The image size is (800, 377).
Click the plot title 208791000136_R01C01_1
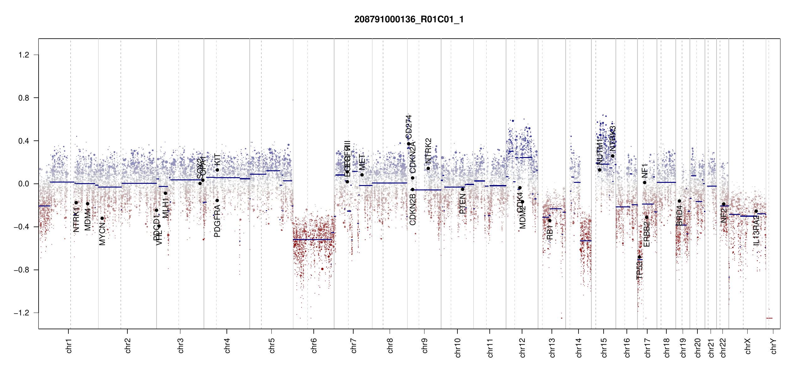coord(409,19)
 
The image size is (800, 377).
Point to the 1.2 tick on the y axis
coord(24,55)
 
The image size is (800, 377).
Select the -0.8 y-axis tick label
coord(22,270)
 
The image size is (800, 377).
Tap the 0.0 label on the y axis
coord(24,184)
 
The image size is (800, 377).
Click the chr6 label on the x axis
coord(314,346)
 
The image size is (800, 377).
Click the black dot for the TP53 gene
coord(639,257)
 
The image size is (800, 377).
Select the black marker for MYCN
coord(102,218)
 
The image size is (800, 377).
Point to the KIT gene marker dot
coord(217,170)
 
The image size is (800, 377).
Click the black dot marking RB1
coord(550,221)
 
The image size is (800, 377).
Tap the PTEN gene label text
coord(462,204)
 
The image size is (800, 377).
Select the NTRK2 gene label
coord(428,151)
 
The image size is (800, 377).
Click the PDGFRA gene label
coord(217,221)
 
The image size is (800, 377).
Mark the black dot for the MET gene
coord(362,175)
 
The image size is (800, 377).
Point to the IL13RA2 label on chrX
coord(756,230)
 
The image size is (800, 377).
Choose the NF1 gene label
coord(645,171)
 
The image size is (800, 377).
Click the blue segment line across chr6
coord(312,240)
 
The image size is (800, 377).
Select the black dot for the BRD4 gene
coord(680,201)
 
